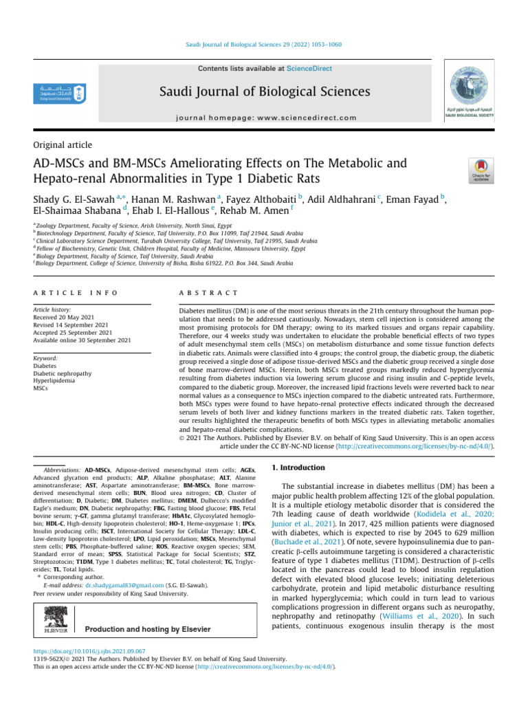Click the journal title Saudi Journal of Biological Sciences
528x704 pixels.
coord(265,91)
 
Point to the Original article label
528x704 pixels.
coord(63,145)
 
